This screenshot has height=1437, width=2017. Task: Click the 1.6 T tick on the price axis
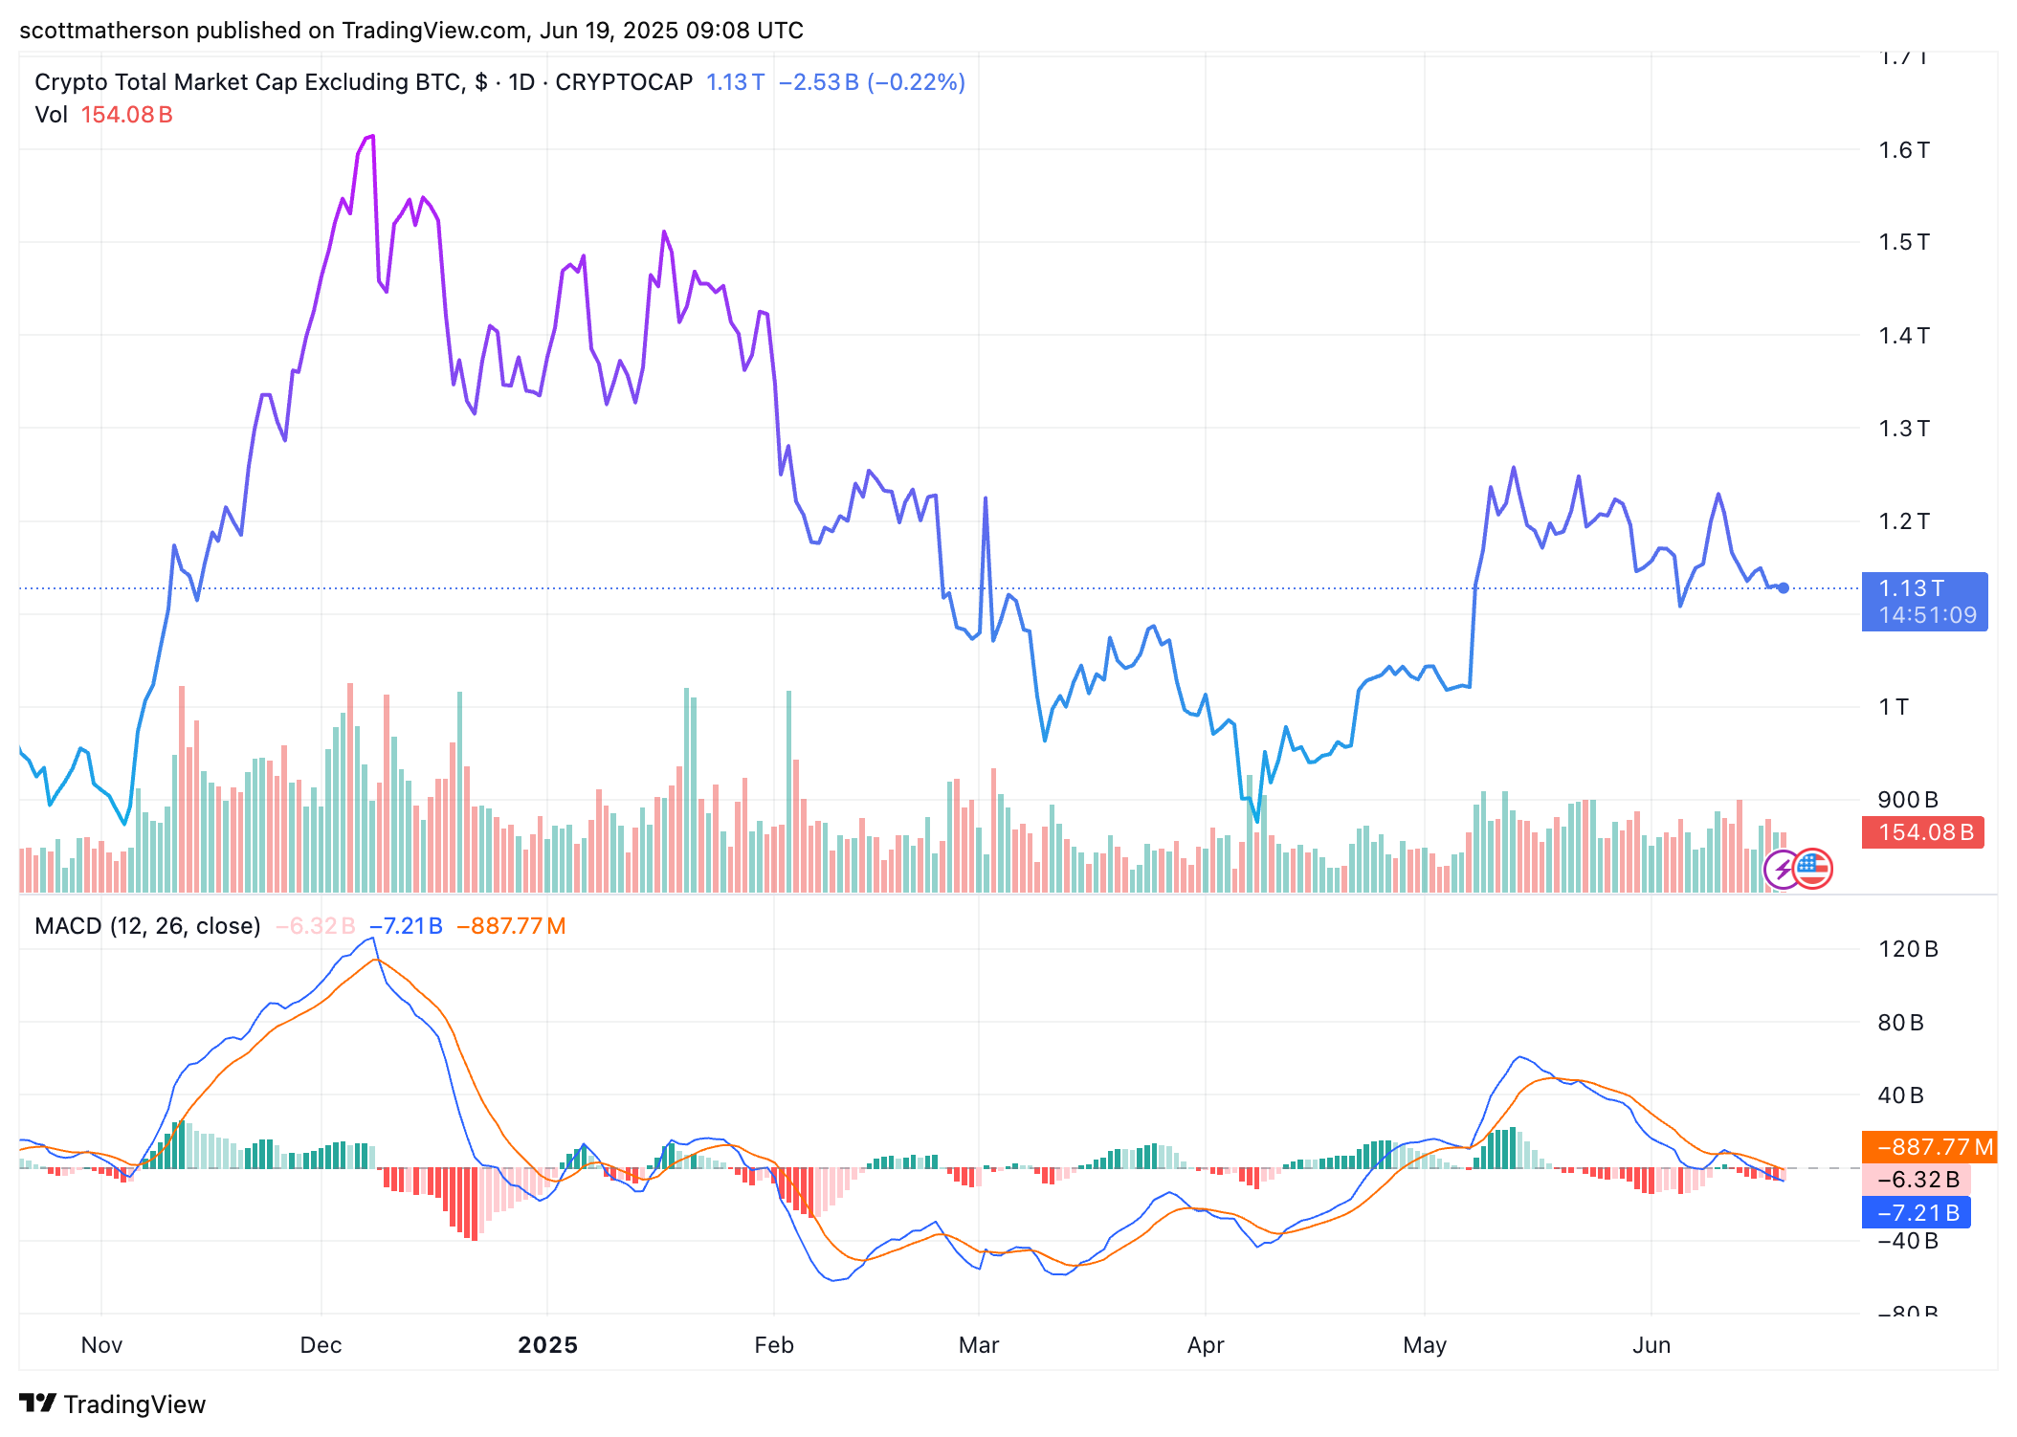(x=1903, y=150)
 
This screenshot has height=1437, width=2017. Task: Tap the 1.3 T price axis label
(x=1903, y=429)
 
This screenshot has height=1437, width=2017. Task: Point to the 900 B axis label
(x=1907, y=800)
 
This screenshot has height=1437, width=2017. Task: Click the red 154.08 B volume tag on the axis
(x=1924, y=832)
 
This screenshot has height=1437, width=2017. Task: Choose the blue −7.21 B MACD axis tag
(x=1917, y=1213)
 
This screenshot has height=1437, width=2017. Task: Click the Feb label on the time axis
(x=774, y=1345)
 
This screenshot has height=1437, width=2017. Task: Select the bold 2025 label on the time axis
(x=547, y=1345)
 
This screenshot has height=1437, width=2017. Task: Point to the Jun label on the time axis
(x=1651, y=1345)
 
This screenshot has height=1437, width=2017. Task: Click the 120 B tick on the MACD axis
(x=1907, y=949)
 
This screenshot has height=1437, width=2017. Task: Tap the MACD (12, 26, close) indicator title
(x=147, y=926)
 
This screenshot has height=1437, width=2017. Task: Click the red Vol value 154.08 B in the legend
(x=126, y=115)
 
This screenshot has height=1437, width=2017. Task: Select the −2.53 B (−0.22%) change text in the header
(x=871, y=82)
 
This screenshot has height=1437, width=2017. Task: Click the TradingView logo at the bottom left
(x=112, y=1404)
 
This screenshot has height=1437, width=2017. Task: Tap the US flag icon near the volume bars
(x=1812, y=869)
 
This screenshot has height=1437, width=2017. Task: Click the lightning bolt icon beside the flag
(x=1783, y=870)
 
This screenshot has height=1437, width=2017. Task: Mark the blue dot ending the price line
(x=1784, y=588)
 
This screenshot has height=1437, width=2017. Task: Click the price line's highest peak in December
(x=372, y=137)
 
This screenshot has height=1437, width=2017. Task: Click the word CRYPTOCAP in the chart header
(x=624, y=82)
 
